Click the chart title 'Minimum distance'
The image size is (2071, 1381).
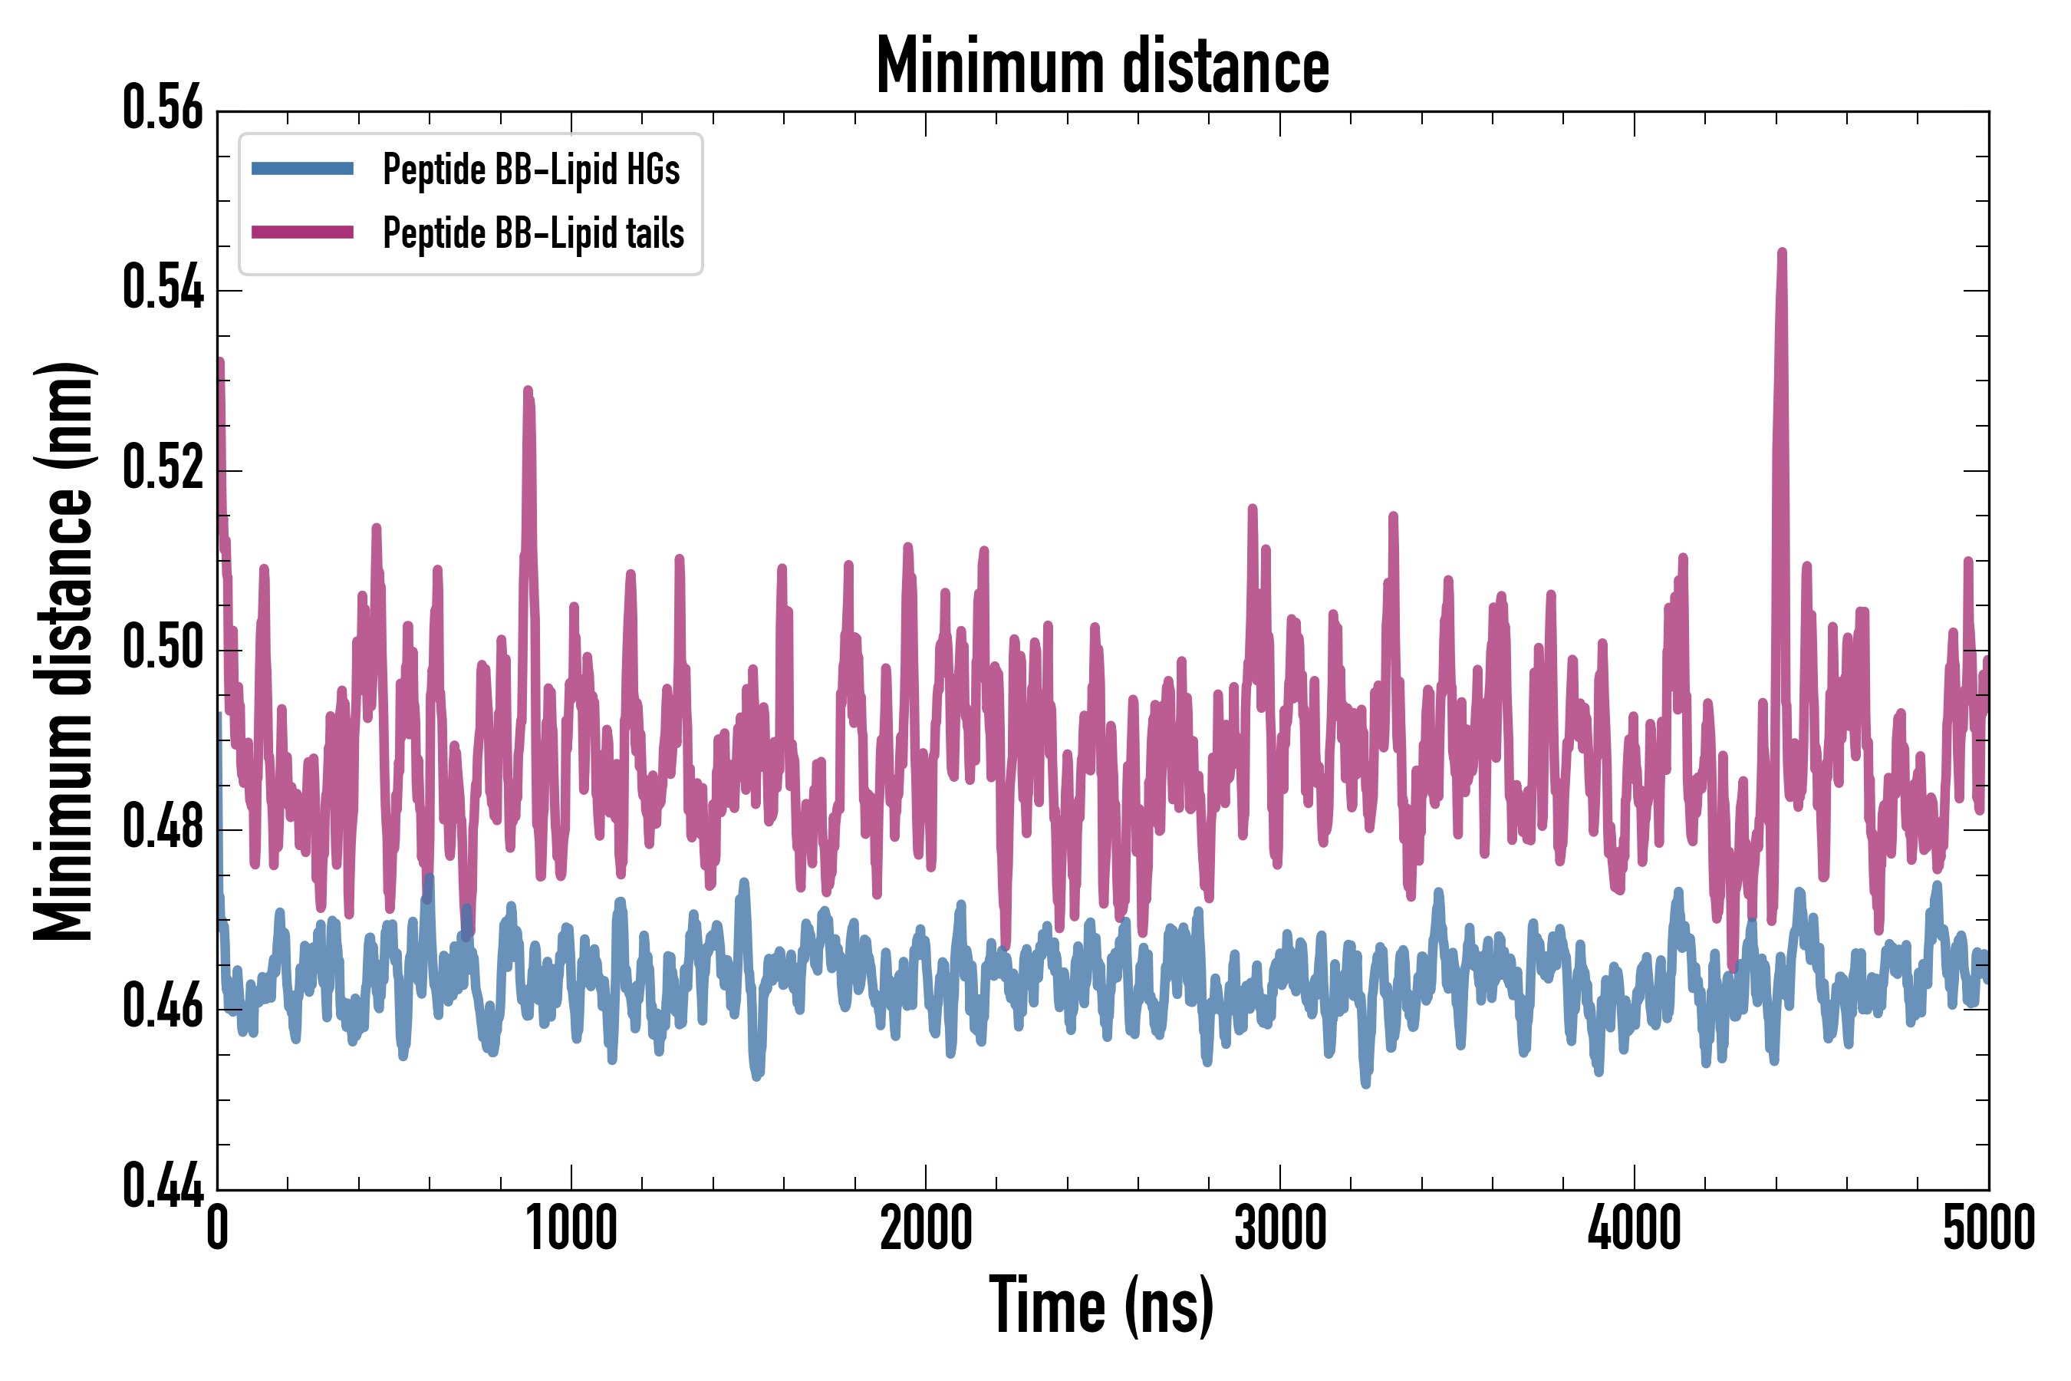tap(1102, 66)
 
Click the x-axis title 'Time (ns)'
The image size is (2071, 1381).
tap(1101, 1305)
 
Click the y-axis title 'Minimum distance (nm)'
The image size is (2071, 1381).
tap(64, 651)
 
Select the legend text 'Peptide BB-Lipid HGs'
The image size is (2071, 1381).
tap(531, 168)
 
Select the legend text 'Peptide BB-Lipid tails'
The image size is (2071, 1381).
tap(534, 232)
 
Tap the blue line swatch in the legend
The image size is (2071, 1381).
tap(302, 168)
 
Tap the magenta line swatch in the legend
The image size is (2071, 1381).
tap(302, 232)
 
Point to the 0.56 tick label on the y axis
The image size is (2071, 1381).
tap(163, 108)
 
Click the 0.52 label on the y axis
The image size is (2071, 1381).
tap(163, 468)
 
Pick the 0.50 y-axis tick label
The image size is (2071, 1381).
tap(163, 648)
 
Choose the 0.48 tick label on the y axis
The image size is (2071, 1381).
tap(163, 827)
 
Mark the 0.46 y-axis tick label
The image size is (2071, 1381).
tap(163, 1007)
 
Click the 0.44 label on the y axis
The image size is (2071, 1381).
tap(163, 1186)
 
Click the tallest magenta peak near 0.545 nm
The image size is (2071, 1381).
tap(1782, 255)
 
